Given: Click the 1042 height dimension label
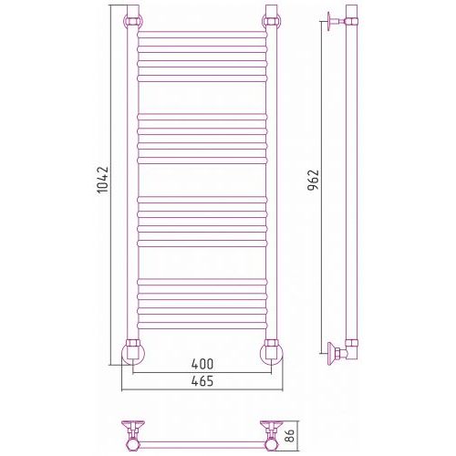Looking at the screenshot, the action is click(102, 180).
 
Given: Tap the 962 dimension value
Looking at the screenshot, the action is click(313, 180).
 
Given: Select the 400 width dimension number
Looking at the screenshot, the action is click(202, 364).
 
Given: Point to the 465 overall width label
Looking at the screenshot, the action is click(202, 381).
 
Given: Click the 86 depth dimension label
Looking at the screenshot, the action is click(290, 436).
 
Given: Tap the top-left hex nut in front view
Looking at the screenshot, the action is click(133, 22).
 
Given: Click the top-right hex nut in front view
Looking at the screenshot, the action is click(271, 22).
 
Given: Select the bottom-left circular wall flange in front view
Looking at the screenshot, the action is click(133, 354).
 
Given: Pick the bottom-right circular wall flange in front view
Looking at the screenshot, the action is click(272, 354).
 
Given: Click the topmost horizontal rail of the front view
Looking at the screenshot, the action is click(202, 35).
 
